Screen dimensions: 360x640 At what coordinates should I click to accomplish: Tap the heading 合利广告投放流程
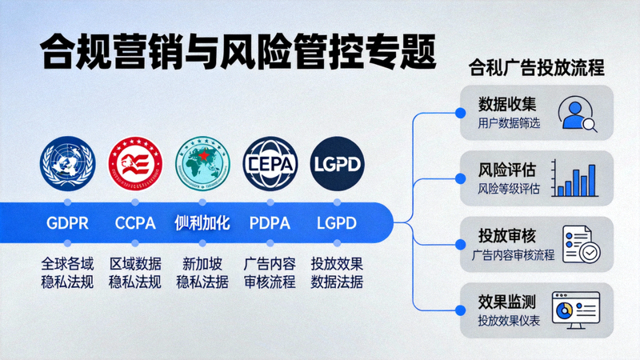[x=535, y=68]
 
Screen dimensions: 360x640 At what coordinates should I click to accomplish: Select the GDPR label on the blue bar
[x=67, y=222]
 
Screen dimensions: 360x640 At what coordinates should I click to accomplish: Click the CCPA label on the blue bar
[x=135, y=222]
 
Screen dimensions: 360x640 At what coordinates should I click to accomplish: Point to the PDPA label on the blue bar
[x=269, y=222]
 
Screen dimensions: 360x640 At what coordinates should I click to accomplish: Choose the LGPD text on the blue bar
[x=336, y=222]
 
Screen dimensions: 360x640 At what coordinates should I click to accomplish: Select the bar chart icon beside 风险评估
[x=576, y=179]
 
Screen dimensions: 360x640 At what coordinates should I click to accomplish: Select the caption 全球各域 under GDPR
[x=67, y=263]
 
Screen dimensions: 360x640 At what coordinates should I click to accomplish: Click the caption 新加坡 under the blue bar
[x=202, y=263]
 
